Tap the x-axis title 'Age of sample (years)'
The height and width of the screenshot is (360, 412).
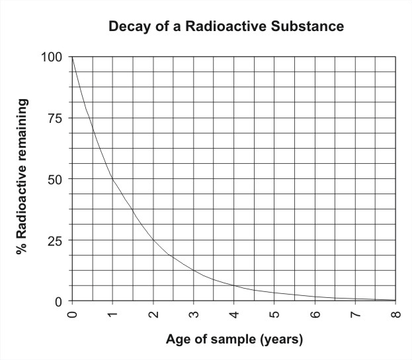coord(234,341)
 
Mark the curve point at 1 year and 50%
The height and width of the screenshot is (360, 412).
coord(113,179)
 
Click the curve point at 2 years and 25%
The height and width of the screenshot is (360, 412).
coord(153,240)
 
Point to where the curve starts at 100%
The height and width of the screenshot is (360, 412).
coord(73,58)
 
